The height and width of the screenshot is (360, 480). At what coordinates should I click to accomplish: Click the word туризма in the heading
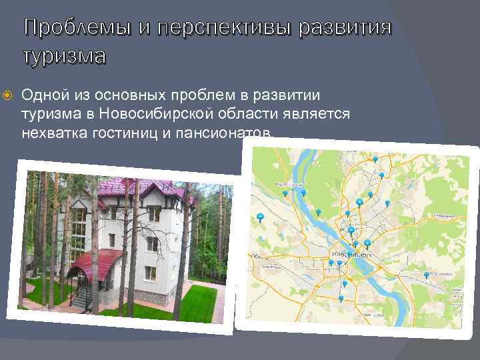click(65, 56)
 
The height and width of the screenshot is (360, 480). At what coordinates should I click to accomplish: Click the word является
click(313, 114)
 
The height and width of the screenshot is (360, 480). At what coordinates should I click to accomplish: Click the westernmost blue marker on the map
click(260, 217)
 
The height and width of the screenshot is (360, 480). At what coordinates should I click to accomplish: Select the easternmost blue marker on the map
click(427, 274)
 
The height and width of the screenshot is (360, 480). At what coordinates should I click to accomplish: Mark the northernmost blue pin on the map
click(375, 159)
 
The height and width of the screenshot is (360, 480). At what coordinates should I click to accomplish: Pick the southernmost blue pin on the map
click(342, 299)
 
